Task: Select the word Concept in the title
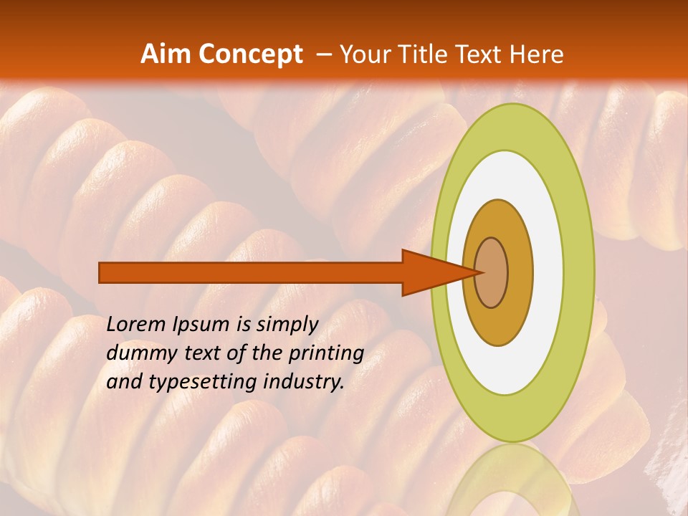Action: [250, 54]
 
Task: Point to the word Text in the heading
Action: [481, 54]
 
